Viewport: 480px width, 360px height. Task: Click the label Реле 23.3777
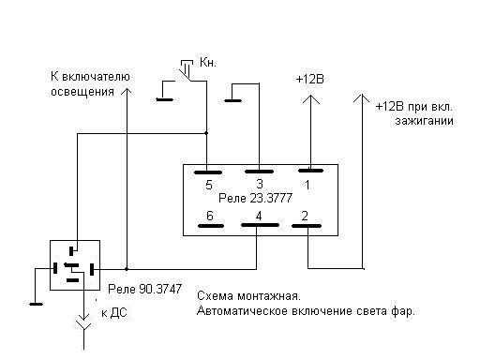255,198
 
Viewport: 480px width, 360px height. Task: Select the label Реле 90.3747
144,289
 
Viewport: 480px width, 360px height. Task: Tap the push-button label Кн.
208,63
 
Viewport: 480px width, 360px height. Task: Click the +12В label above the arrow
309,80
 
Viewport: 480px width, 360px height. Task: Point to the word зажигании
424,121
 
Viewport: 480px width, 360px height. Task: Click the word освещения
82,92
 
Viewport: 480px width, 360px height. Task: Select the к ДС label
114,313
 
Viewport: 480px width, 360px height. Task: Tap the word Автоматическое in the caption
244,311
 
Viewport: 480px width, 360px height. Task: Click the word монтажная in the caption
269,296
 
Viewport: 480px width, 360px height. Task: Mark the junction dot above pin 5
206,133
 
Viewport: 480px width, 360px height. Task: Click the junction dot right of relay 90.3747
127,269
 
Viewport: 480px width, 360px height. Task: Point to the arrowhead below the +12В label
310,99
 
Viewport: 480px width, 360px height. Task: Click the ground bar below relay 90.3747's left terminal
36,304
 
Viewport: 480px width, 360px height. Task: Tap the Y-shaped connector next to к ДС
83,325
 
